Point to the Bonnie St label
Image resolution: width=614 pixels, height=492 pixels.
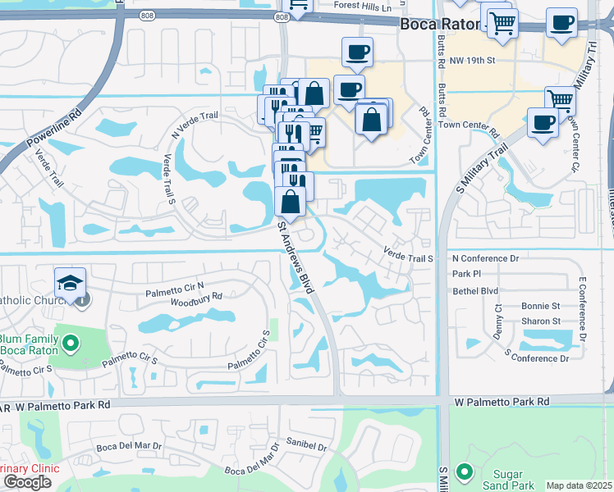pos(540,306)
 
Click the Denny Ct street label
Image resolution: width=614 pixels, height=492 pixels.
pos(498,319)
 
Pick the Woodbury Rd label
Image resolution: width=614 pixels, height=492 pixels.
pos(196,296)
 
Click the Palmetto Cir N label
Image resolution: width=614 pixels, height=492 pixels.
pos(174,287)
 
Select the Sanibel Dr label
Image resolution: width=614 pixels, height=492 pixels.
pos(307,448)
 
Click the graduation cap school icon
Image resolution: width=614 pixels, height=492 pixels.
pos(71,284)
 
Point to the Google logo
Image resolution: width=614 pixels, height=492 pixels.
pos(27,482)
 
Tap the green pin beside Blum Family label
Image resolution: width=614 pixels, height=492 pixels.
pos(71,344)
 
